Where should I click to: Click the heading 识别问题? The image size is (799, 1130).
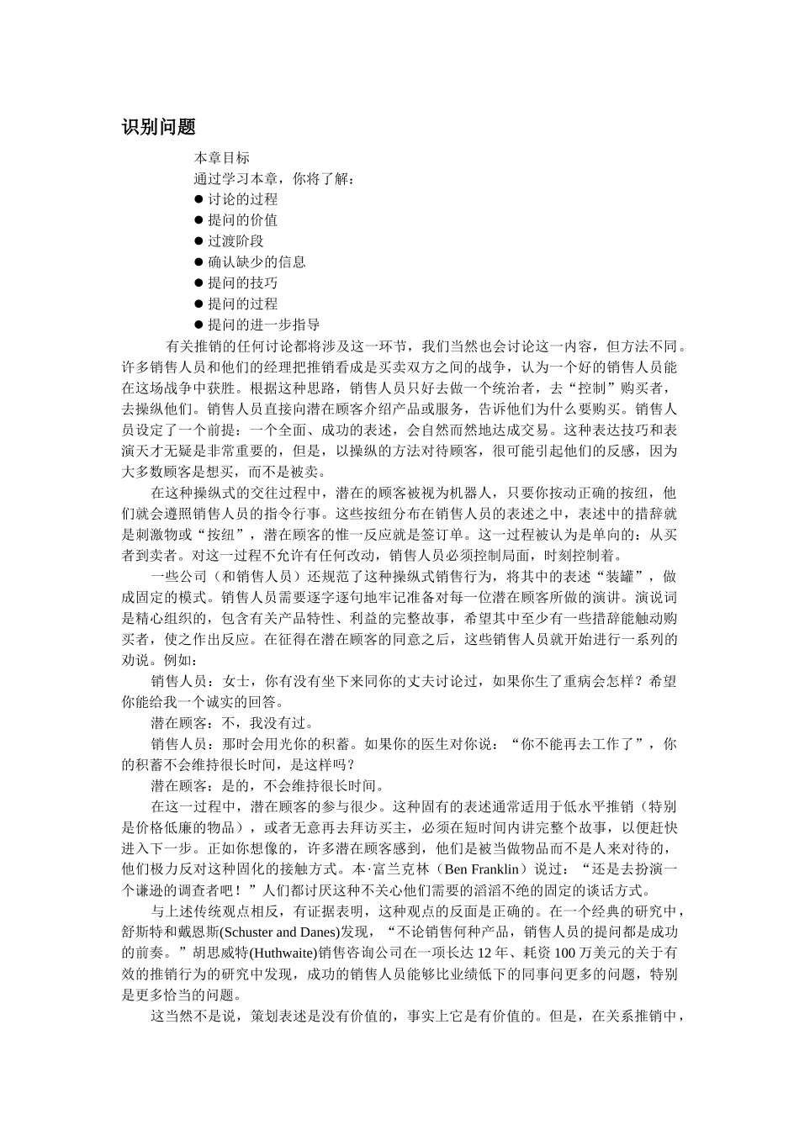(159, 128)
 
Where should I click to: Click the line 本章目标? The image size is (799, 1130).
(221, 157)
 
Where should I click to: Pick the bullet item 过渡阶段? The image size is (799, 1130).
(235, 241)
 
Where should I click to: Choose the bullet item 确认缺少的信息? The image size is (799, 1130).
(257, 262)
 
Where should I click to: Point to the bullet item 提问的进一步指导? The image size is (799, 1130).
(263, 325)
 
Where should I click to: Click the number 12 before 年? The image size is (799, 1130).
(485, 953)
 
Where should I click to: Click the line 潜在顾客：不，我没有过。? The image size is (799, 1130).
(232, 723)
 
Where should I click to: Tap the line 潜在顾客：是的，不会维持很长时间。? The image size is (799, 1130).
(267, 786)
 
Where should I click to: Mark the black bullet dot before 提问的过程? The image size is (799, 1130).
(199, 304)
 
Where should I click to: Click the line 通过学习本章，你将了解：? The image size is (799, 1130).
(274, 178)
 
